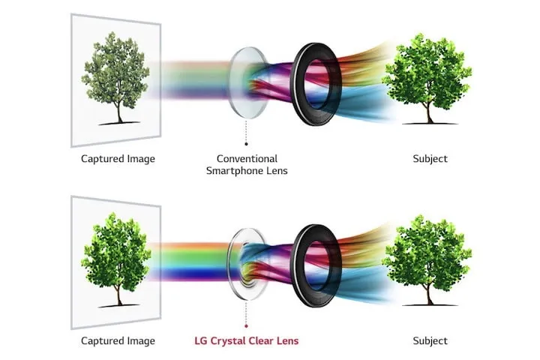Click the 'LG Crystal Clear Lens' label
point(246,340)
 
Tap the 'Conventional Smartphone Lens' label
point(247,164)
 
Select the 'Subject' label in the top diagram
point(430,159)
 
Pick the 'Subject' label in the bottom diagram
point(430,340)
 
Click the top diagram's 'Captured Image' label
point(118,159)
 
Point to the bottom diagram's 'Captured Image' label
point(118,340)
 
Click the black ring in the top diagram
point(296,85)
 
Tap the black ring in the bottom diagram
point(296,266)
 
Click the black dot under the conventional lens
point(246,144)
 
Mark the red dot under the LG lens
point(246,326)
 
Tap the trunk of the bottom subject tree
point(429,295)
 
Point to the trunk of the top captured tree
point(119,112)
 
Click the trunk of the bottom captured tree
point(119,295)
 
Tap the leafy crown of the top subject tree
point(427,70)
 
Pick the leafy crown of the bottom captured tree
point(116,252)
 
